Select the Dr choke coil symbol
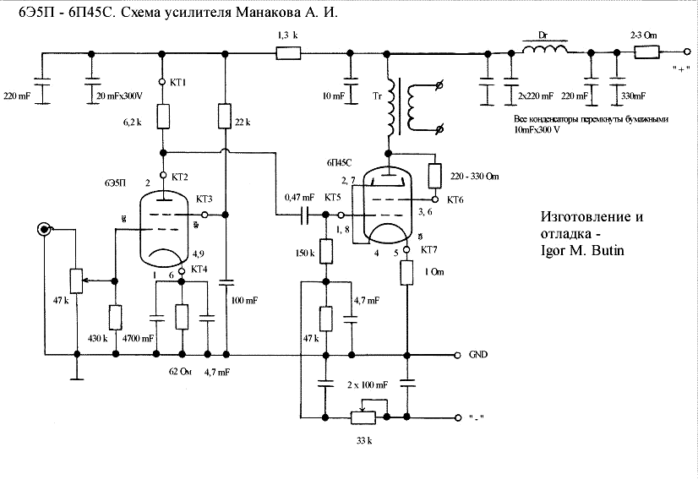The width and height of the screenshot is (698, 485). [x=545, y=52]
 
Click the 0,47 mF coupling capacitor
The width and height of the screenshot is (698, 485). [x=305, y=215]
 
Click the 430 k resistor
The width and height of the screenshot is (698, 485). [x=112, y=317]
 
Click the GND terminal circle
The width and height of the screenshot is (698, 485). [x=458, y=355]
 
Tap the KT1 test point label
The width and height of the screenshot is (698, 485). [x=177, y=82]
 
